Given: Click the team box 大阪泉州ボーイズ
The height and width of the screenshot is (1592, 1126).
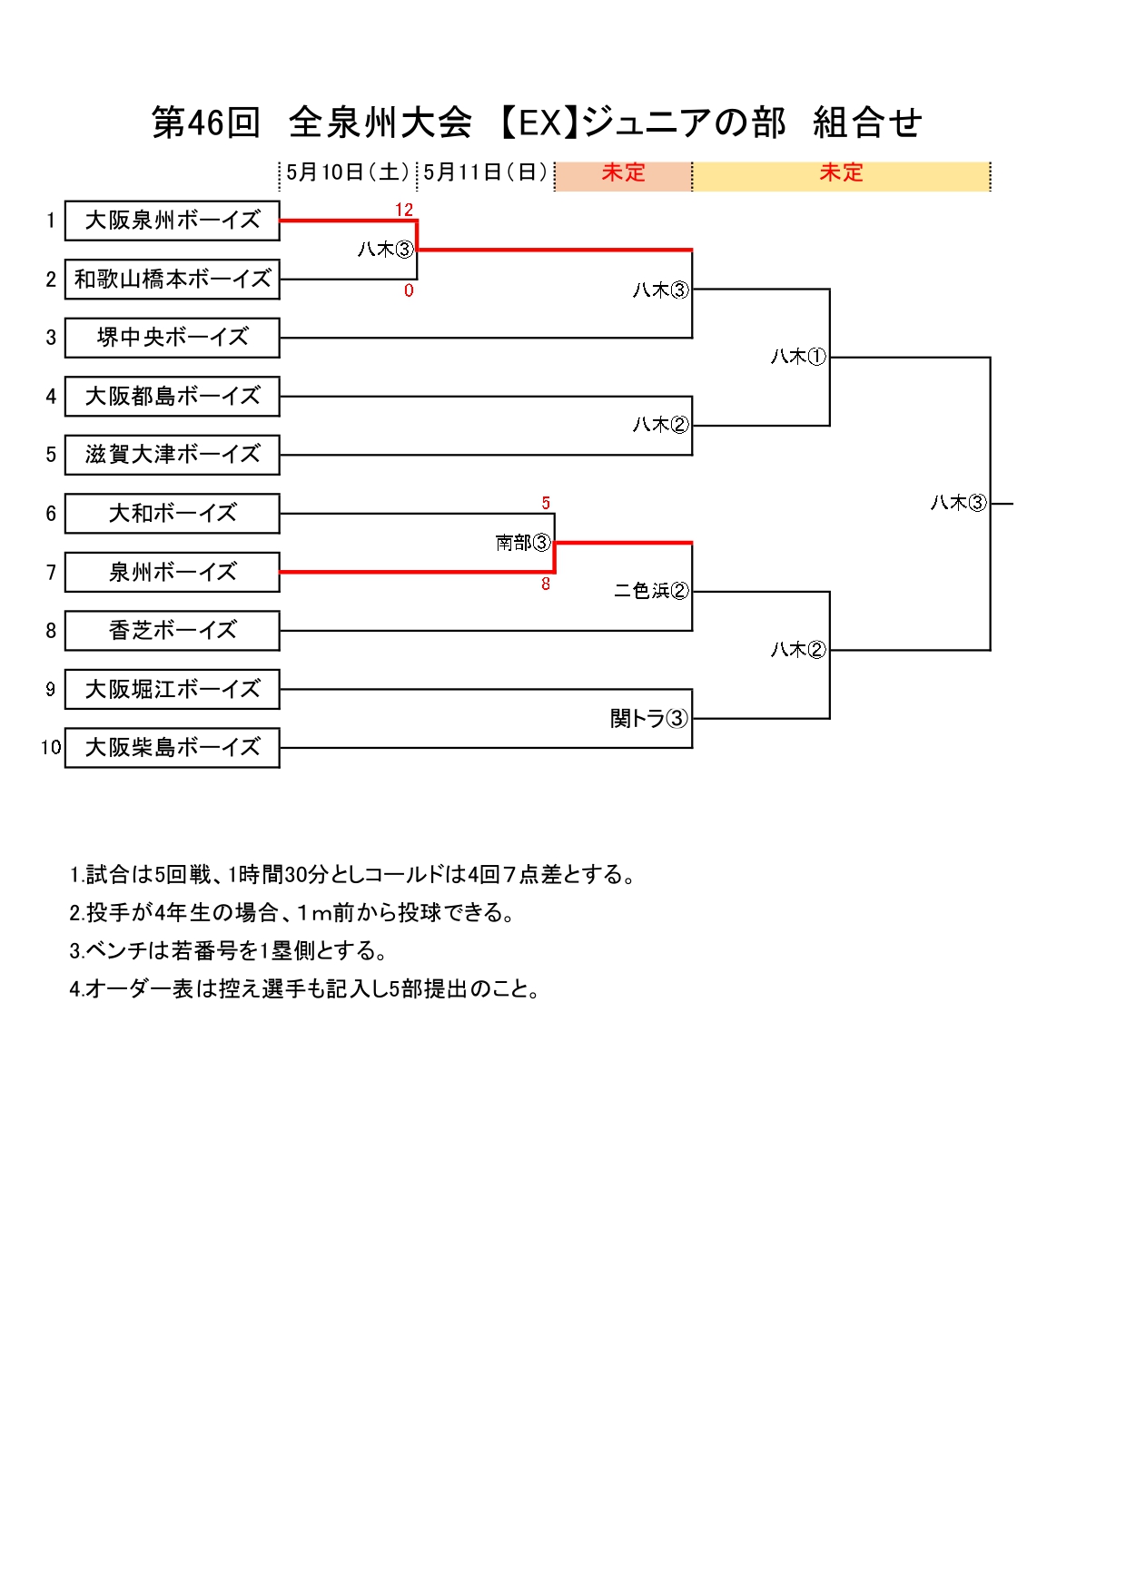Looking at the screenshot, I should (172, 221).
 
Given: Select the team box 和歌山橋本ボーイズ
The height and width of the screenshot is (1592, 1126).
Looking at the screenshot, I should (172, 280).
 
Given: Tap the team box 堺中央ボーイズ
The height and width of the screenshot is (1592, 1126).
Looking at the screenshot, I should (172, 338).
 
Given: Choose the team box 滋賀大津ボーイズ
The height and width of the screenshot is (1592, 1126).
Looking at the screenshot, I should (172, 455).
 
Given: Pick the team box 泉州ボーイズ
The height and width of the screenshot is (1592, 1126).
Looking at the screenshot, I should (172, 572).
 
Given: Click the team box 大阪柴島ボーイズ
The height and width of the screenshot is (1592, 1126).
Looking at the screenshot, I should (172, 748).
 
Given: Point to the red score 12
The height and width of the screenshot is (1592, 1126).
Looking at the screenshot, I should (404, 210).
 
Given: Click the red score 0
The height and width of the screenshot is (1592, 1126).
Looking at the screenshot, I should (409, 290).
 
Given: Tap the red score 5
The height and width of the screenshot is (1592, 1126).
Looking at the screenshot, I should (546, 503).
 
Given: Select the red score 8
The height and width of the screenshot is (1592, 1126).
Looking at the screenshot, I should (546, 585).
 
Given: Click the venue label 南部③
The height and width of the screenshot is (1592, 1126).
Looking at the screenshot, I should (523, 543).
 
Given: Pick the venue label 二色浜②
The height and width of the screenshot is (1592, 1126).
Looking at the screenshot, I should (651, 591).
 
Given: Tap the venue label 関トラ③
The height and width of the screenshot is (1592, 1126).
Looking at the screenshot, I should (649, 719).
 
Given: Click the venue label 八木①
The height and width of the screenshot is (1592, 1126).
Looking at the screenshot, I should (798, 357).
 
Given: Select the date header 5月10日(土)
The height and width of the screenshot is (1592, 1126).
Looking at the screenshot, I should (348, 172).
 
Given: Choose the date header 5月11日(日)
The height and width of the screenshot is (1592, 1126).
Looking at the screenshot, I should (486, 172).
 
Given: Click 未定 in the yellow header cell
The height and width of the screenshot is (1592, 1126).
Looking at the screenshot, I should (841, 172).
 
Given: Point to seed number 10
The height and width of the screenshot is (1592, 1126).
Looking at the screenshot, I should (51, 748).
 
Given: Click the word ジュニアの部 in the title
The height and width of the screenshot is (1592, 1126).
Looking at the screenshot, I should (684, 123).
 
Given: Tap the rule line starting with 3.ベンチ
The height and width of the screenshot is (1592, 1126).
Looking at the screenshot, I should (229, 950).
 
